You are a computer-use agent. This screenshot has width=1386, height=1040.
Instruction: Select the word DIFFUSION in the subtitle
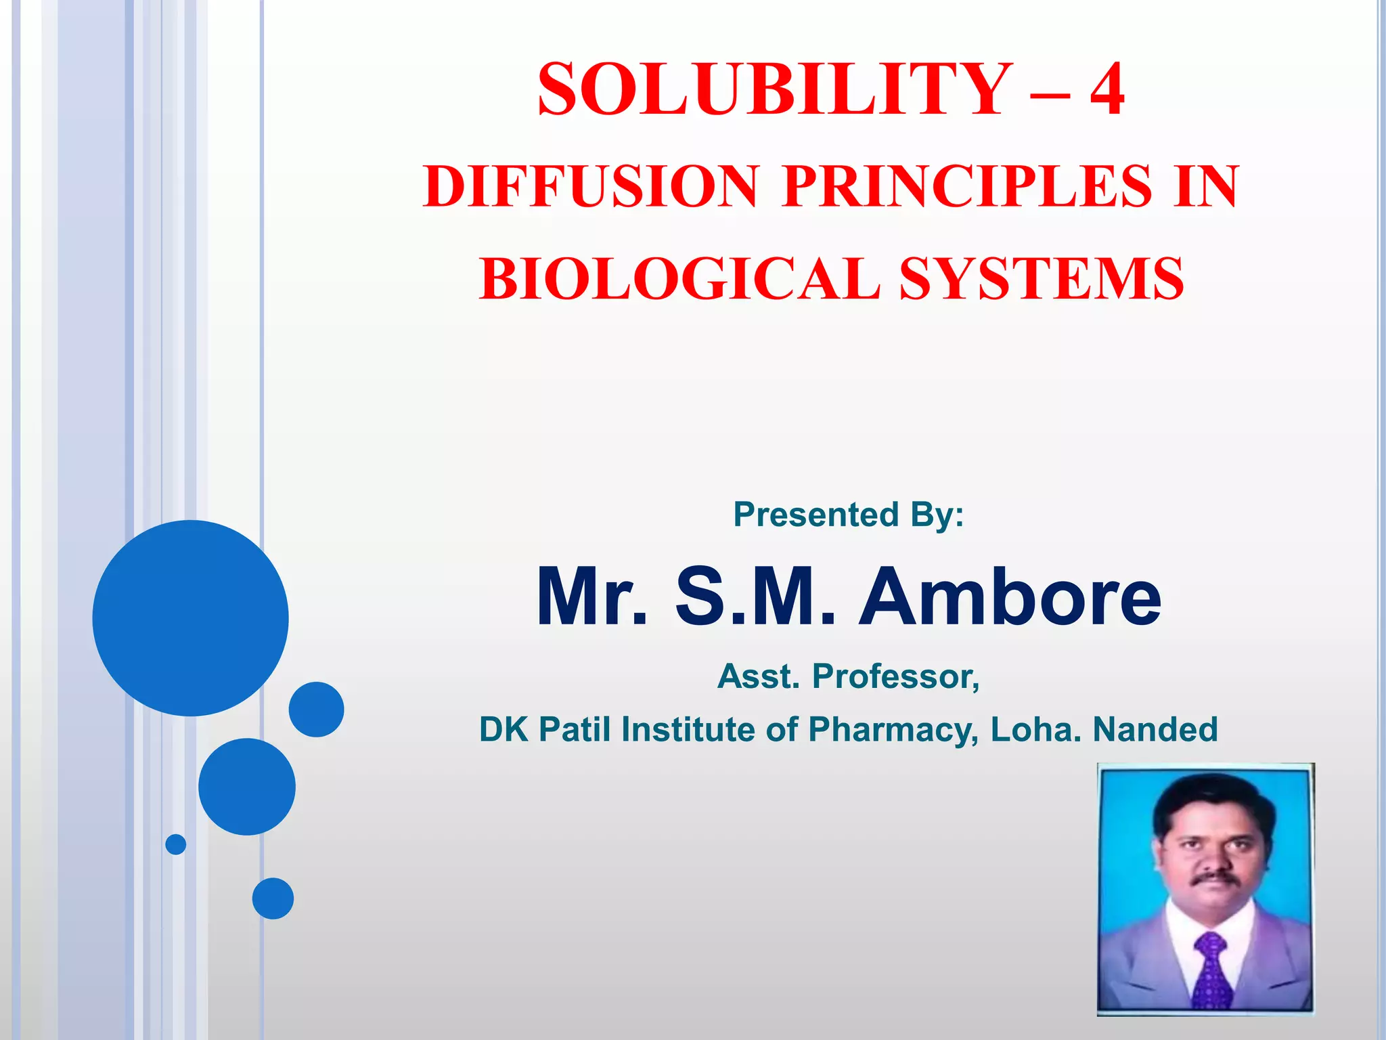pyautogui.click(x=591, y=186)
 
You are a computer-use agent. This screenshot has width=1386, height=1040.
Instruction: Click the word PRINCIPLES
pyautogui.click(x=967, y=186)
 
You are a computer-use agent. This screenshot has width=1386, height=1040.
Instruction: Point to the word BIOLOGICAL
pyautogui.click(x=680, y=278)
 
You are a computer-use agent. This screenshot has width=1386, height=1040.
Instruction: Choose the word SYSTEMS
pyautogui.click(x=1042, y=278)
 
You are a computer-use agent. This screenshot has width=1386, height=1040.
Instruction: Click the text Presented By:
pyautogui.click(x=849, y=515)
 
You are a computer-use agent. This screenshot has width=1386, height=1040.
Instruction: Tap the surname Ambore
pyautogui.click(x=1010, y=597)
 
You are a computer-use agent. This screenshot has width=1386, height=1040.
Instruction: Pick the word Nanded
pyautogui.click(x=1155, y=730)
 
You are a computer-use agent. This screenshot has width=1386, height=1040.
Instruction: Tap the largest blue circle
pyautogui.click(x=190, y=617)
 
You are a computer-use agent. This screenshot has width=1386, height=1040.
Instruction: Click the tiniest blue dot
pyautogui.click(x=176, y=844)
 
